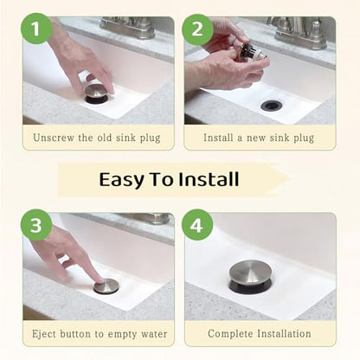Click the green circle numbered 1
[36, 29]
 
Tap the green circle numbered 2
[197, 29]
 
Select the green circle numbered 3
[36, 225]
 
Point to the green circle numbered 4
[197, 225]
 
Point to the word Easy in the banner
[121, 180]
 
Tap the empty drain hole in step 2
[271, 106]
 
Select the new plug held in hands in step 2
[248, 52]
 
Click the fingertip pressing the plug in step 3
[100, 280]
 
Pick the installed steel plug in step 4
[250, 276]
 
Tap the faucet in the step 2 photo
[300, 32]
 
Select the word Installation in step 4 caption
[284, 334]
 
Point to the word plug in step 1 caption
[151, 138]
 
